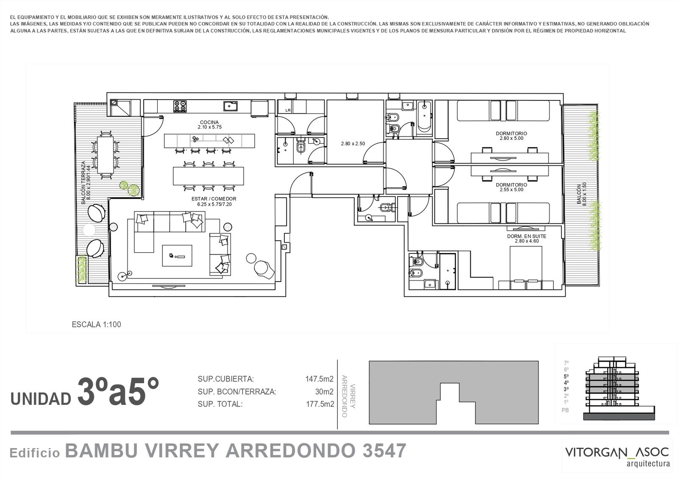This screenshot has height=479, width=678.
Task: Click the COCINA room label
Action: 209,123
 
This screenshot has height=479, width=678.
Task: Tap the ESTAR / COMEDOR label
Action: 214,199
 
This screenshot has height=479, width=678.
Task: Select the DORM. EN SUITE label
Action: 527,236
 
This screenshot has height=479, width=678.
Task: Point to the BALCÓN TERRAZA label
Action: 83,183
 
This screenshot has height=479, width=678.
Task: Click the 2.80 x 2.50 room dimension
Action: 353,144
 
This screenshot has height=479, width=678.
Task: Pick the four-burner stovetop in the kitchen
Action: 180,106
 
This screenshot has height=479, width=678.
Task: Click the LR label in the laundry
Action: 288,111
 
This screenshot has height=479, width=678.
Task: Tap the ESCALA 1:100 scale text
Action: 96,325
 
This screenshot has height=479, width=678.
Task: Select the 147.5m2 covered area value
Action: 320,379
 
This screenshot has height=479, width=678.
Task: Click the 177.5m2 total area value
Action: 320,404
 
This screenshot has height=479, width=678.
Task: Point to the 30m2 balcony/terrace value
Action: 324,392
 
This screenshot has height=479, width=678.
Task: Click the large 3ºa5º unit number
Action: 118,392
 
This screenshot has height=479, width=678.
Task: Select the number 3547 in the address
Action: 384,451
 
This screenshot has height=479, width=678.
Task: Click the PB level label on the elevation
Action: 565,410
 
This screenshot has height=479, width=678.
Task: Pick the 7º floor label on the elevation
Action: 566,363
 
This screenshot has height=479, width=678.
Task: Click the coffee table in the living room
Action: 177,256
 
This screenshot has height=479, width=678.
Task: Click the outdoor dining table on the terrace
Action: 106,155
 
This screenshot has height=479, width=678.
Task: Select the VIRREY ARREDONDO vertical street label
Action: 348,396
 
